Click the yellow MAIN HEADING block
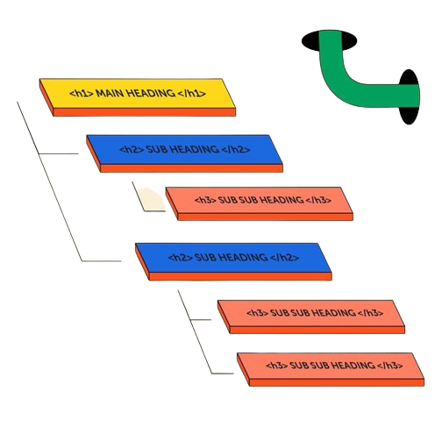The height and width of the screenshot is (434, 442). click(x=138, y=97)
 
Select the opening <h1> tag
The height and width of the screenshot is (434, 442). click(x=82, y=94)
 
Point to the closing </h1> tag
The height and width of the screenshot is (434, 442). click(x=191, y=94)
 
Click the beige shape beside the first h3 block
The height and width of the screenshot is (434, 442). click(x=152, y=199)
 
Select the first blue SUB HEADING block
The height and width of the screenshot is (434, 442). click(x=184, y=153)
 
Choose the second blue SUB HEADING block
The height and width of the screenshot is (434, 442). click(x=233, y=261)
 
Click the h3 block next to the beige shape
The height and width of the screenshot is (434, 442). click(x=260, y=203)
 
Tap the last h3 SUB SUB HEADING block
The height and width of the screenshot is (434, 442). click(x=331, y=369)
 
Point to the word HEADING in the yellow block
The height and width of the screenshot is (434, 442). click(x=151, y=94)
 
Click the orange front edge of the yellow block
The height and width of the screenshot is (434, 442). click(x=144, y=112)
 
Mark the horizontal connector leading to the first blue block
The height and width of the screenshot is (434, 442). click(x=59, y=153)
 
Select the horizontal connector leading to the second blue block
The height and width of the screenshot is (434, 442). click(x=102, y=261)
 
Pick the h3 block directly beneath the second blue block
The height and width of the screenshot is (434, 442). click(x=311, y=317)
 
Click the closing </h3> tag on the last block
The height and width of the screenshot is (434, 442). click(x=390, y=366)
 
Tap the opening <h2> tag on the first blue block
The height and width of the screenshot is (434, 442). click(x=132, y=150)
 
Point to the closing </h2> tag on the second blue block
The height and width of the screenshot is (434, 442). click(x=285, y=258)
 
